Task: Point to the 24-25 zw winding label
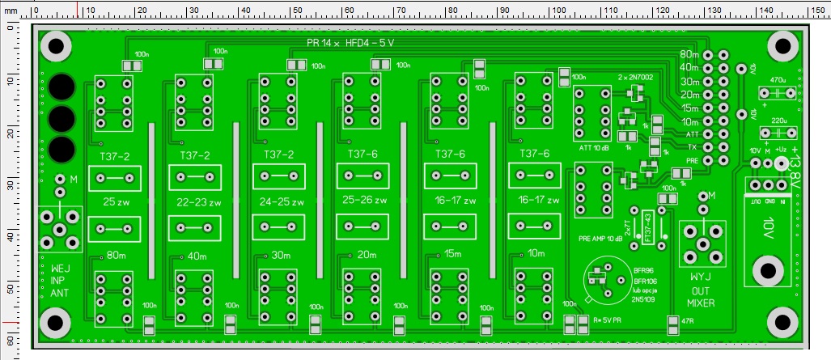282,201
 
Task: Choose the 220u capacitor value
778,120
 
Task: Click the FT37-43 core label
647,227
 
